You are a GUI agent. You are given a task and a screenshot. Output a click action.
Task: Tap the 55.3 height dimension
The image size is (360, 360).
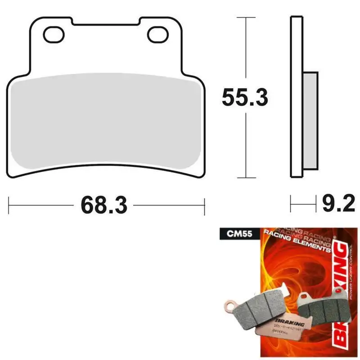point(245,98)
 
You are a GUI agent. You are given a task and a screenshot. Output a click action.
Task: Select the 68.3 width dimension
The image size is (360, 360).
point(104,205)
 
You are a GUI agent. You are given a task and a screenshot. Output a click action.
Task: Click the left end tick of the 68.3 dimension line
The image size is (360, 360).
point(9,205)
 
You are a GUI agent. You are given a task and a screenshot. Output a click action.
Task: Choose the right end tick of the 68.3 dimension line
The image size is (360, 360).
point(205,205)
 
